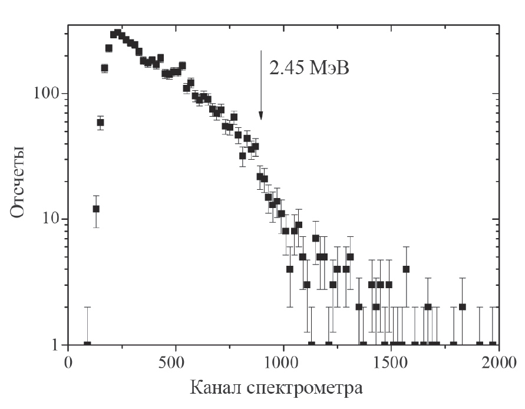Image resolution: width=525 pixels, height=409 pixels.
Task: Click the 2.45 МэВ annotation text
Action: [x=309, y=69]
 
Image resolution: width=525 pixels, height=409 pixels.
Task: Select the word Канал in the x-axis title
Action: [x=216, y=388]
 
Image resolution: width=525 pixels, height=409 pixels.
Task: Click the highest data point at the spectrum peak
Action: [x=118, y=32]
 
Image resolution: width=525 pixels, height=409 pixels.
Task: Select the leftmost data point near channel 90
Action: [x=87, y=344]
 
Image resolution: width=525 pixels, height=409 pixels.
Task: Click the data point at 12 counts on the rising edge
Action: [x=96, y=209]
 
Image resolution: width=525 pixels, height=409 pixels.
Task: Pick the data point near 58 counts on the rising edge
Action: [x=100, y=123]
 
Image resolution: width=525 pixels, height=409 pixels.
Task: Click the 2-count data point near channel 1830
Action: [x=463, y=306]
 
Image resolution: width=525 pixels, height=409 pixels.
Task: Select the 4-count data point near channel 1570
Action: [x=406, y=269]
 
